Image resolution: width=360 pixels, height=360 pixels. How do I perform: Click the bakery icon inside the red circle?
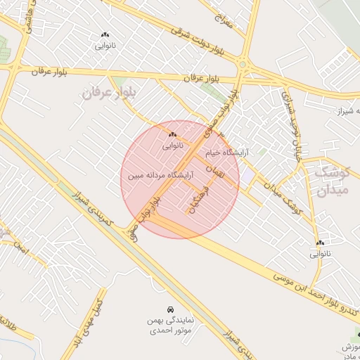click(x=172, y=134)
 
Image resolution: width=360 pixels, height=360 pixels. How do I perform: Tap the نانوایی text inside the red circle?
click(x=172, y=146)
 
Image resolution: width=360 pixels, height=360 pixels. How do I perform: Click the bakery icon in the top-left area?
click(x=105, y=34)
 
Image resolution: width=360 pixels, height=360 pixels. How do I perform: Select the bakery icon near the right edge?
click(x=320, y=243)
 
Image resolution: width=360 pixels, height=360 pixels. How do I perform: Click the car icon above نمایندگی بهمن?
click(x=171, y=309)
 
